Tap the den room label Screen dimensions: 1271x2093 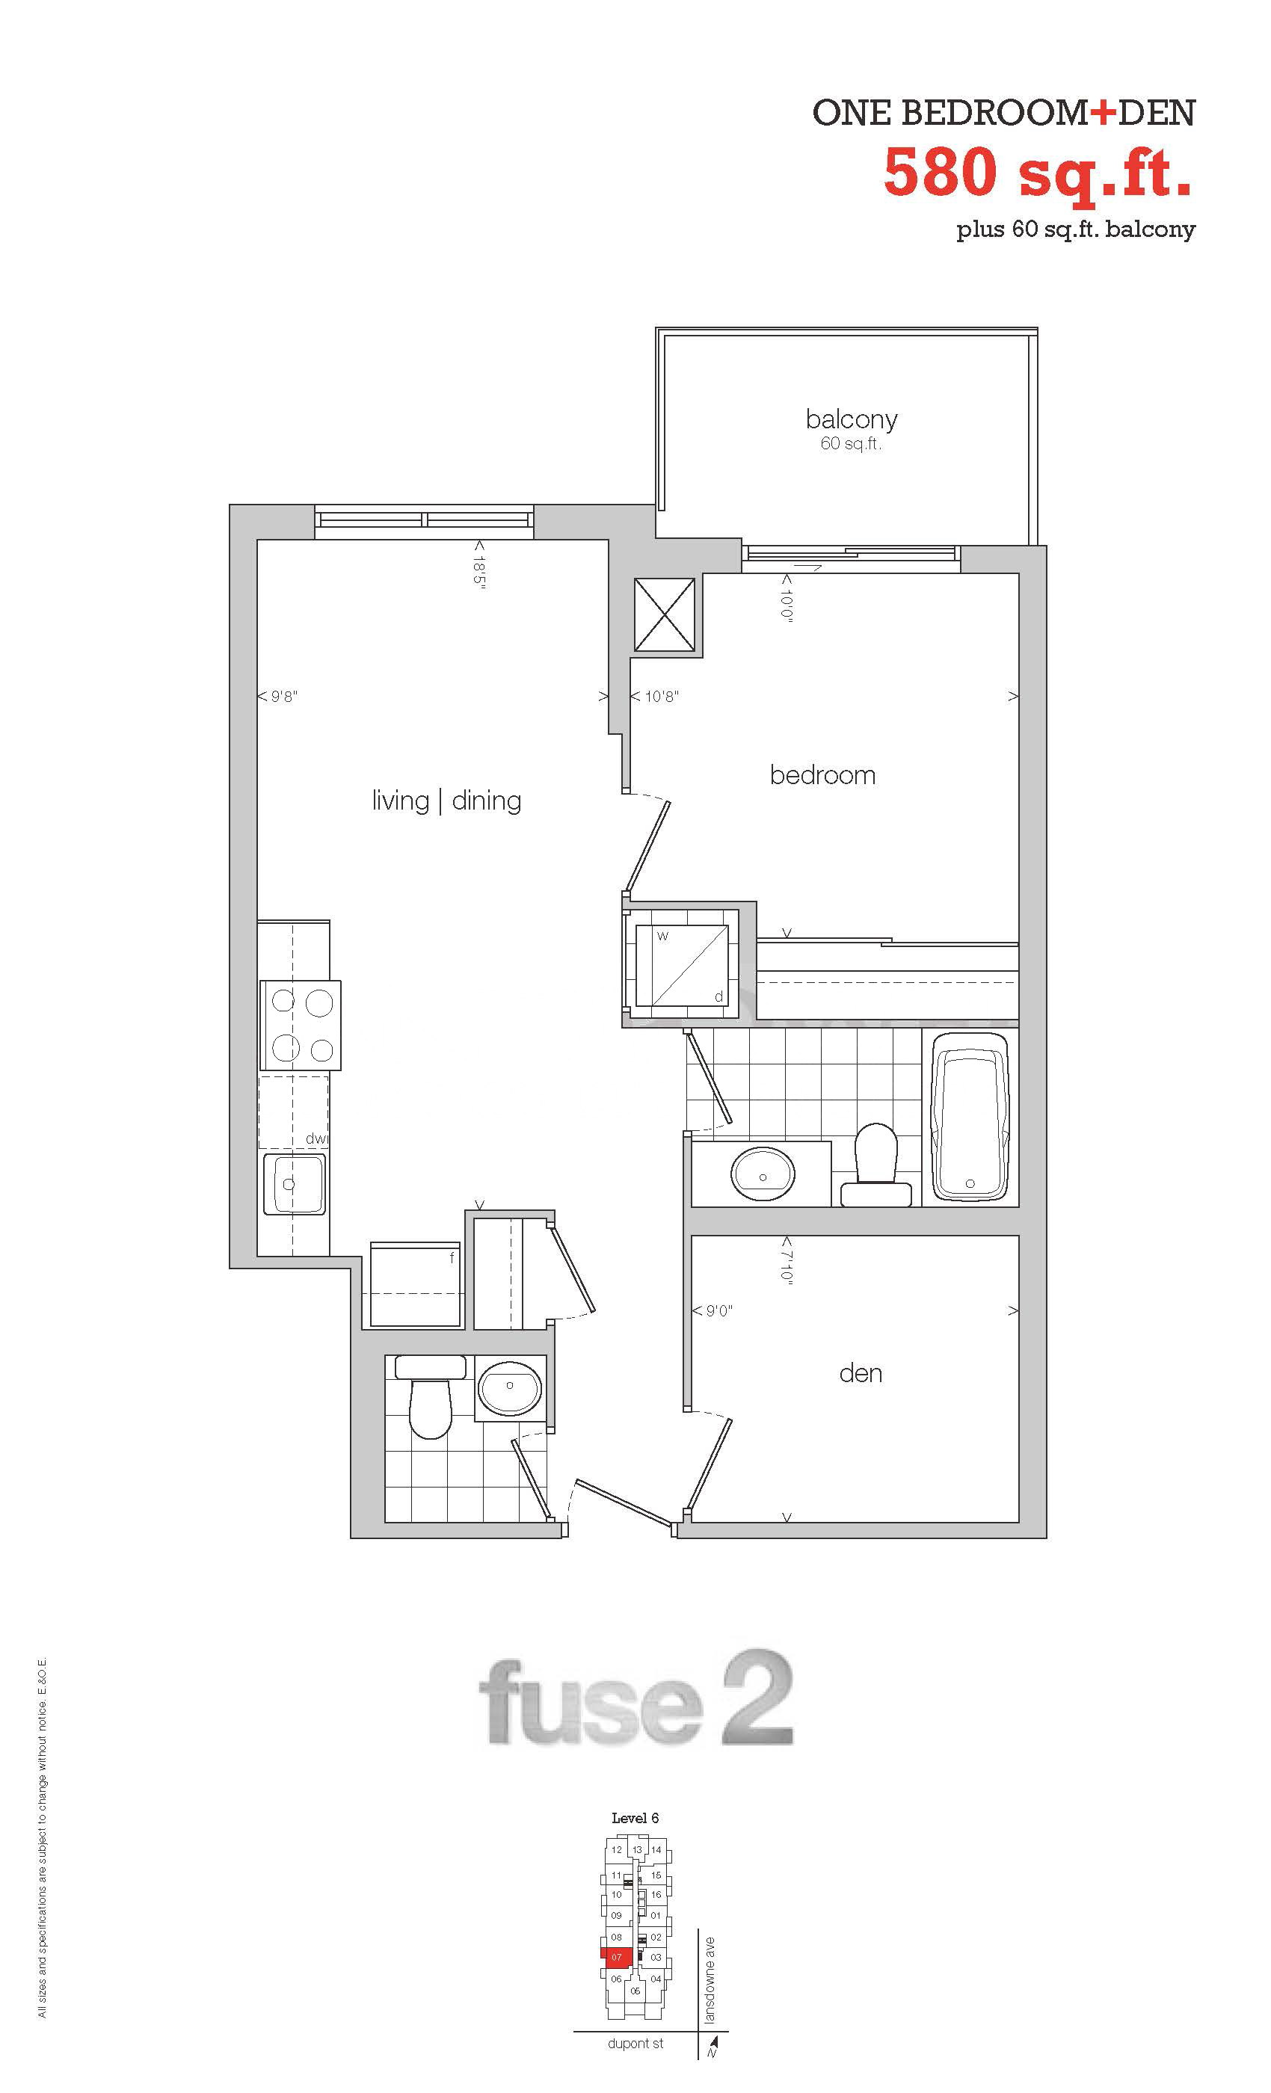click(x=860, y=1374)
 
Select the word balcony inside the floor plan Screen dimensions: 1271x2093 click(x=852, y=419)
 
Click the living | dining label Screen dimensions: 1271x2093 click(x=446, y=801)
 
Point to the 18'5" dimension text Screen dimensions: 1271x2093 click(x=479, y=565)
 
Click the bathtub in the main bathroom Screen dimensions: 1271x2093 click(x=970, y=1117)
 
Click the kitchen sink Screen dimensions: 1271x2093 click(x=294, y=1184)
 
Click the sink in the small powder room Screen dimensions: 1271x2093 click(x=509, y=1388)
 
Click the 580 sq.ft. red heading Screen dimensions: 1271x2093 click(x=1038, y=173)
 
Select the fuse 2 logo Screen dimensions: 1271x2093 click(x=636, y=1698)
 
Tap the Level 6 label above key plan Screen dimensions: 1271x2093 click(x=635, y=1818)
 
